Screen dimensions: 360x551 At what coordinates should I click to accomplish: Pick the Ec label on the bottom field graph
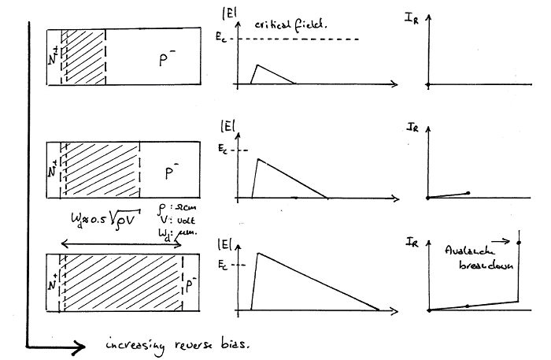pos(226,264)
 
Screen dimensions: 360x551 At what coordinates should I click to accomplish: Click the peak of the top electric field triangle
pos(257,65)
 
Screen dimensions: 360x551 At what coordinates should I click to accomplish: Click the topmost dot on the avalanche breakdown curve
pos(518,243)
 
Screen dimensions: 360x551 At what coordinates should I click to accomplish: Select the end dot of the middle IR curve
pos(468,192)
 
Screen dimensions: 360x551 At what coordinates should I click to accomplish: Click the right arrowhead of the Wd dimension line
pos(181,244)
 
